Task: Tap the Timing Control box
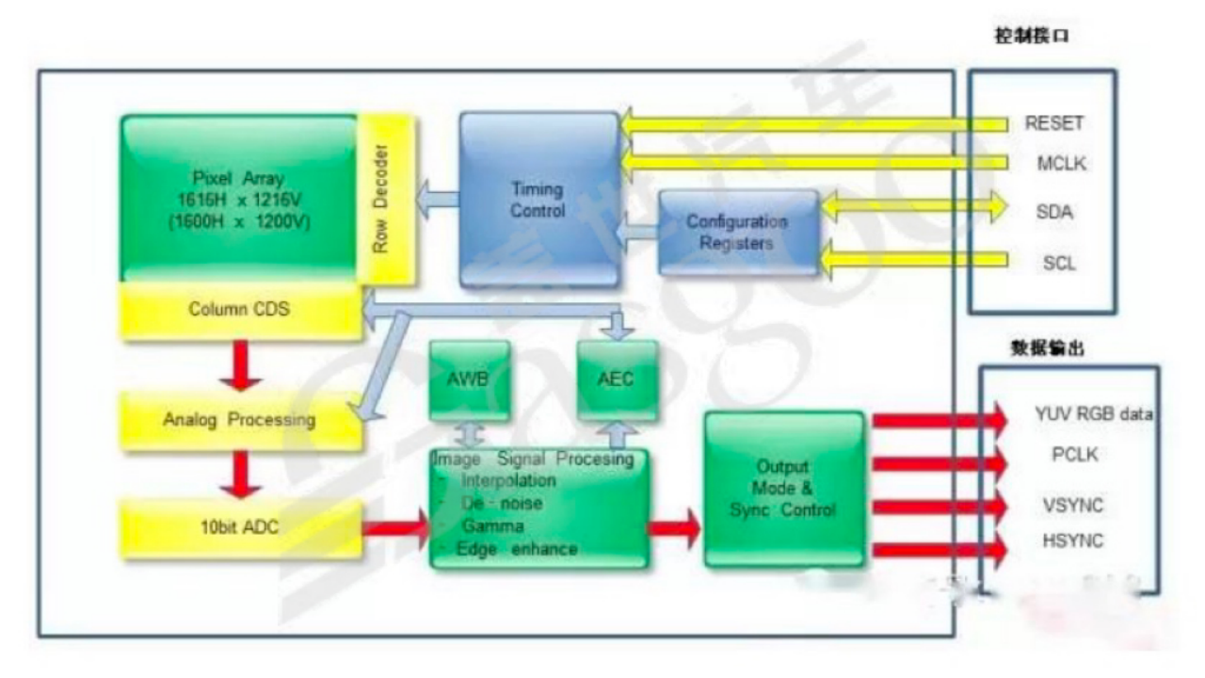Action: [538, 199]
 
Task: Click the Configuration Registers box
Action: [737, 233]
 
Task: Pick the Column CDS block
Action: [239, 310]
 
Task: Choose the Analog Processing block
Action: [239, 419]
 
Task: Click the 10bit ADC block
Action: [239, 528]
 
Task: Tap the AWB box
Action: [469, 380]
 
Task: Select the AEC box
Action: [617, 379]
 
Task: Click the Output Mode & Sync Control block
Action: [783, 489]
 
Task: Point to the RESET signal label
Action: [1054, 123]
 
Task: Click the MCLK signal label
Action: [1061, 164]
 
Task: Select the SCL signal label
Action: [1059, 264]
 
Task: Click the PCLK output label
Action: [1075, 455]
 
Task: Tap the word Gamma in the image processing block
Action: [492, 526]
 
